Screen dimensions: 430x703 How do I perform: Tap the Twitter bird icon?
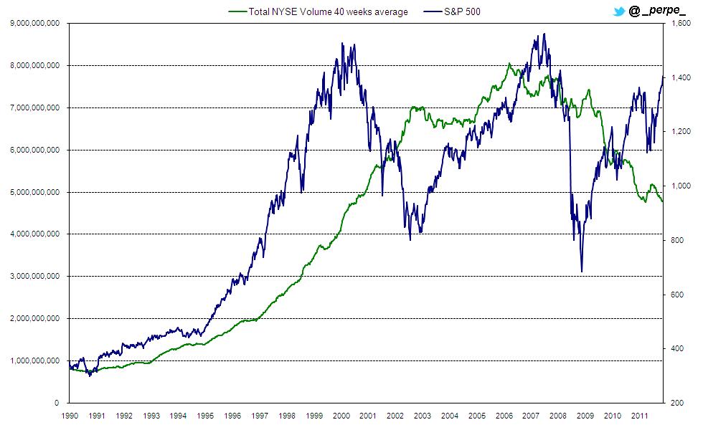pos(618,11)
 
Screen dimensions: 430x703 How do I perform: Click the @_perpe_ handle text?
pos(657,11)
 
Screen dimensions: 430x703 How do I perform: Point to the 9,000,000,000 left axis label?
pos(34,23)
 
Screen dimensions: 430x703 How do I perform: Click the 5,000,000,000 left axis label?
pos(34,192)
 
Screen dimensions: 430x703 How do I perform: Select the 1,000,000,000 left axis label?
pos(34,360)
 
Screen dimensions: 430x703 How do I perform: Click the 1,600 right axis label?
pos(680,23)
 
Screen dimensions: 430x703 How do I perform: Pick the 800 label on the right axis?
pos(678,240)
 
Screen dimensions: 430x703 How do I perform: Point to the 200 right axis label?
pos(678,403)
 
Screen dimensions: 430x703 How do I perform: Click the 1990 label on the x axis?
pos(70,416)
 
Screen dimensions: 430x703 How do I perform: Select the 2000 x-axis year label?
pos(341,416)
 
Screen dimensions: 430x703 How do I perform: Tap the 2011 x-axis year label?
pos(640,416)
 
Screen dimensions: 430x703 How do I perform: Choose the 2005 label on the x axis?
pos(477,416)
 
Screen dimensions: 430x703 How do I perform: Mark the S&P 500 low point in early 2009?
pos(581,272)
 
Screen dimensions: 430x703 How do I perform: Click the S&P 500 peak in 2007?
pos(544,34)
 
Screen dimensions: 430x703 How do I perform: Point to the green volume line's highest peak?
pos(509,64)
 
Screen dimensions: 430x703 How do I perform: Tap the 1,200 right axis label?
pos(680,132)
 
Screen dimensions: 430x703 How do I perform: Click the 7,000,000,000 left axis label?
pos(34,107)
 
